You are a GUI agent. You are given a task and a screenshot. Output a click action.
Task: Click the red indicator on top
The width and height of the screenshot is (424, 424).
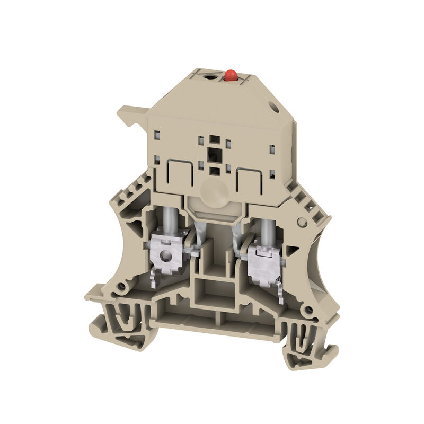(x=230, y=76)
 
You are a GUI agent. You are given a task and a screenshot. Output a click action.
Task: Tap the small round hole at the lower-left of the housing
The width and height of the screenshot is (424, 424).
(x=122, y=287)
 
